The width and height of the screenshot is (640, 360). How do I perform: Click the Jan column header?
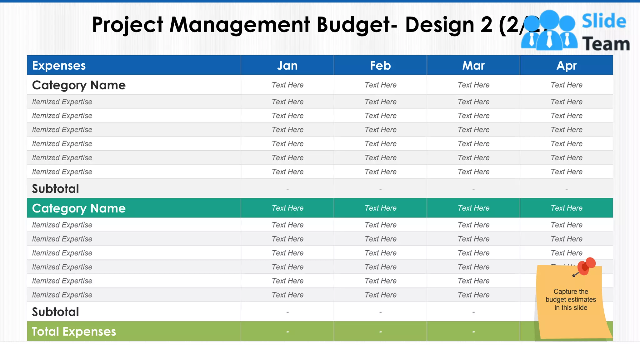pyautogui.click(x=287, y=66)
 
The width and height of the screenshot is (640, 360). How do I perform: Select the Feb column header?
pyautogui.click(x=380, y=66)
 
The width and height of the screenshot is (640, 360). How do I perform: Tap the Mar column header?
pyautogui.click(x=473, y=66)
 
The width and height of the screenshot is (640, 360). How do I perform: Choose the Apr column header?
pyautogui.click(x=566, y=66)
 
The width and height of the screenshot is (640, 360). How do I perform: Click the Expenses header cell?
pyautogui.click(x=59, y=66)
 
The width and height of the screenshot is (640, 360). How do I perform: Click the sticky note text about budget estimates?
pyautogui.click(x=571, y=299)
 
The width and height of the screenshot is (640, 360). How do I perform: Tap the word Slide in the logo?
pyautogui.click(x=604, y=21)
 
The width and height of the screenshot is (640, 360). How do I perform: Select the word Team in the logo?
pyautogui.click(x=606, y=44)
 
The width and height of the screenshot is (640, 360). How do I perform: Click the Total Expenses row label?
pyautogui.click(x=74, y=331)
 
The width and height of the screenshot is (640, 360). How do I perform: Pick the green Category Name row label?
pyautogui.click(x=79, y=208)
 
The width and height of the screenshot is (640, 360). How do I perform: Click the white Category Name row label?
pyautogui.click(x=79, y=85)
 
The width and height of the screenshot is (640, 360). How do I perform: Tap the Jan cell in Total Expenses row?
pyautogui.click(x=287, y=331)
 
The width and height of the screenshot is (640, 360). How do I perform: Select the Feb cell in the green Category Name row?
pyautogui.click(x=380, y=208)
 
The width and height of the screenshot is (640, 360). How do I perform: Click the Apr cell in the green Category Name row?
pyautogui.click(x=566, y=208)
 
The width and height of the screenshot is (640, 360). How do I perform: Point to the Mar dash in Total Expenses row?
pyautogui.click(x=473, y=331)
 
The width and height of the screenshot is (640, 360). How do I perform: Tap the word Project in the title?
pyautogui.click(x=127, y=25)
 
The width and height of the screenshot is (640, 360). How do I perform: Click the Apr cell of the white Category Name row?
pyautogui.click(x=566, y=85)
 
